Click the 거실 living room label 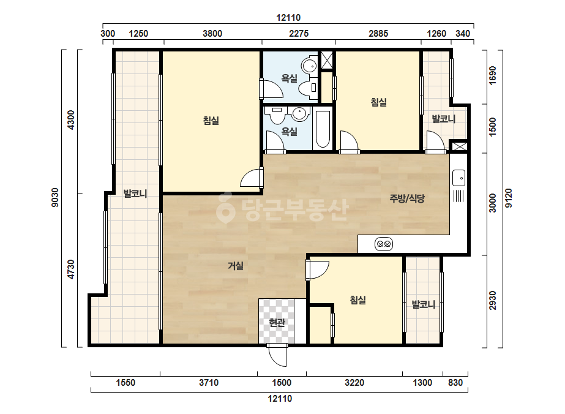(x=236, y=266)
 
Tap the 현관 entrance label (x=277, y=322)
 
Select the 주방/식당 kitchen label (x=407, y=198)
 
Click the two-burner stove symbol (x=384, y=244)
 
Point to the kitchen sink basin (x=458, y=178)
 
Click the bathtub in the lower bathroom (x=323, y=129)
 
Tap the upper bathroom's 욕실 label (x=290, y=78)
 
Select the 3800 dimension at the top (x=212, y=34)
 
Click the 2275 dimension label (x=299, y=34)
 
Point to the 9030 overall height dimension (x=54, y=198)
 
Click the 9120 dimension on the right (x=509, y=198)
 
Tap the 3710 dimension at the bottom (x=209, y=383)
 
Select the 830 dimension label (x=455, y=383)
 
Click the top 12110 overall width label (x=288, y=18)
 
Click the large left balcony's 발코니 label (x=135, y=194)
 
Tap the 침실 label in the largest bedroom (x=211, y=121)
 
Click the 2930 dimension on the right (x=493, y=301)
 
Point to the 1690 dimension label (x=493, y=76)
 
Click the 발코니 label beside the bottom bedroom (x=424, y=305)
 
